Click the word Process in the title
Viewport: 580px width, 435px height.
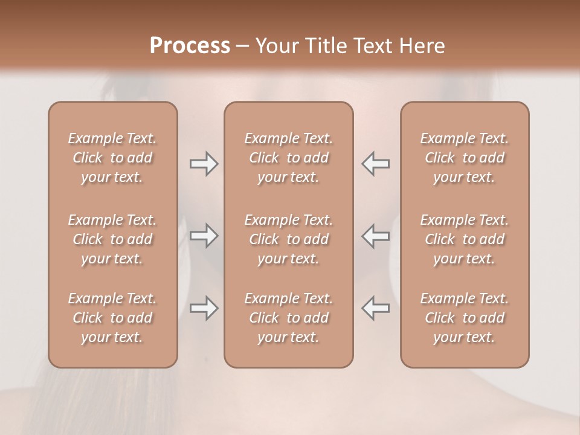(190, 45)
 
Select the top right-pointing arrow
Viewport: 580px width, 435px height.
(204, 164)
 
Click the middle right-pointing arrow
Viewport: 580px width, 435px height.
(204, 236)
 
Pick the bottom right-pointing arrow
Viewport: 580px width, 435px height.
(204, 308)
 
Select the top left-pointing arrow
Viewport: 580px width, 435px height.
(375, 164)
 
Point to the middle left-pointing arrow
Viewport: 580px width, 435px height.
(375, 236)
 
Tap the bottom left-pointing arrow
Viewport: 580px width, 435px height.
(375, 308)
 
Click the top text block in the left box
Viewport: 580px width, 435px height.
(112, 158)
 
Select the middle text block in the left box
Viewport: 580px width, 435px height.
(112, 239)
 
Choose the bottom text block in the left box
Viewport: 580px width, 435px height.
(112, 318)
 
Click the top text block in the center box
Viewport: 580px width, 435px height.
(289, 158)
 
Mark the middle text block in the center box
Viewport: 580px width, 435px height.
(289, 239)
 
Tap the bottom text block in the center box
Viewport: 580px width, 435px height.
(289, 318)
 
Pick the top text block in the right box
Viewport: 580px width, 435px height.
(465, 158)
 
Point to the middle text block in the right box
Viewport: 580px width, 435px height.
(465, 239)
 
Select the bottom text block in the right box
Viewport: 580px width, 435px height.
(465, 318)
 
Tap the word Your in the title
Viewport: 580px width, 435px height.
(275, 45)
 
